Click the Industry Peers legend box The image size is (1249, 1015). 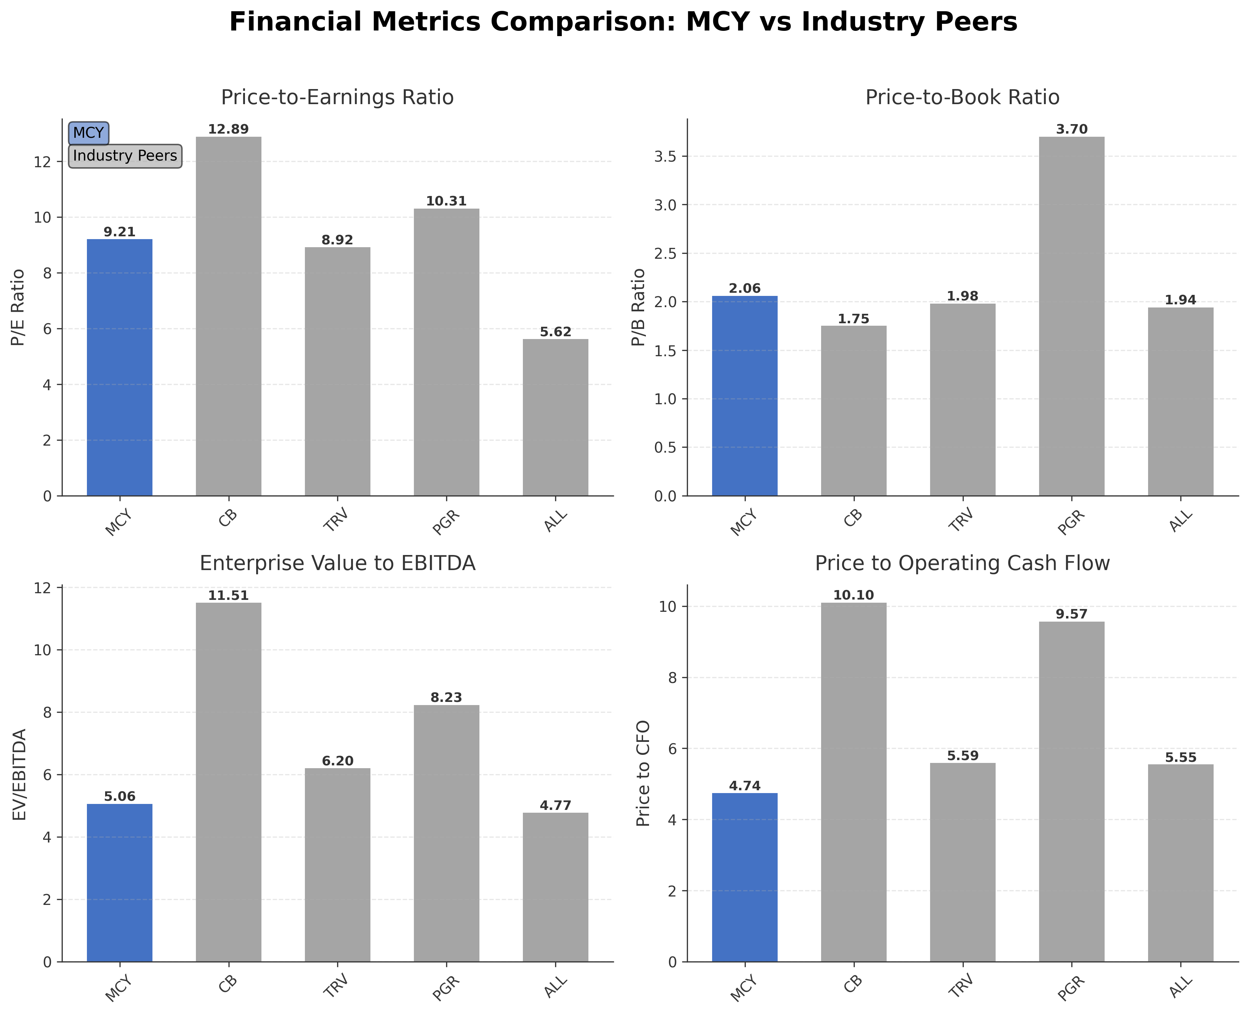pos(125,156)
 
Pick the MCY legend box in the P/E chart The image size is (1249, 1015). pos(88,133)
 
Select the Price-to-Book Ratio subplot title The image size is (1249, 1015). pos(962,97)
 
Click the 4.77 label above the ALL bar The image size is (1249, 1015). pos(555,806)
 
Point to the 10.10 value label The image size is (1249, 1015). pos(853,595)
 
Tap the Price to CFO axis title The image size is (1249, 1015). pos(643,773)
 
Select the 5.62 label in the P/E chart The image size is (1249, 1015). pos(555,332)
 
